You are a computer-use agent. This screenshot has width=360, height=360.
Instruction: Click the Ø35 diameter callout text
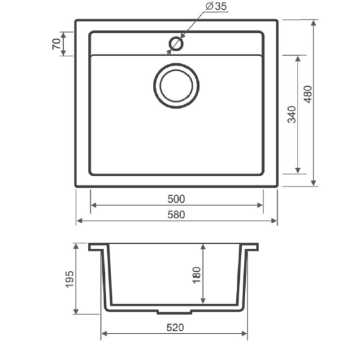[x=216, y=6]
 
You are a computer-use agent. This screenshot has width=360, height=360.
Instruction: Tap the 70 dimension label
[x=56, y=44]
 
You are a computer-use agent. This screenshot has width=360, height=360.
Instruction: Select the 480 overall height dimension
[x=308, y=94]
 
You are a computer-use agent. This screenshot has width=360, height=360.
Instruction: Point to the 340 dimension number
[x=292, y=114]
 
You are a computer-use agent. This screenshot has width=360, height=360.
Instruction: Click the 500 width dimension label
[x=176, y=199]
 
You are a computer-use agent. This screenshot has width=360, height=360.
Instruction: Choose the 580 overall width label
[x=176, y=215]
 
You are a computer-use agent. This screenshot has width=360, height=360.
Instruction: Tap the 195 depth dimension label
[x=69, y=279]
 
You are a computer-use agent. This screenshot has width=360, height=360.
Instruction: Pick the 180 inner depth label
[x=197, y=275]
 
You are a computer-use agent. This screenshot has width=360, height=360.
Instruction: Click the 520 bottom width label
[x=175, y=327]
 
